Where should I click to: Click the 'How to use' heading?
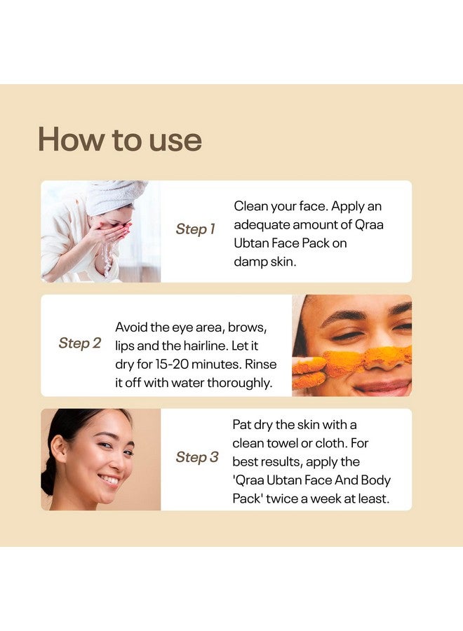(120, 140)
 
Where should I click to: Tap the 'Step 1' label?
(196, 229)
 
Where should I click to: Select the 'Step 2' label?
(80, 343)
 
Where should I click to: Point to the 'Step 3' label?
(197, 457)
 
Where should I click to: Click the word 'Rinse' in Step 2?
(260, 365)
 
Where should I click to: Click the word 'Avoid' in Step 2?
(133, 327)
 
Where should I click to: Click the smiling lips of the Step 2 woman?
(383, 386)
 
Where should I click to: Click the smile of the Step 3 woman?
(109, 480)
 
